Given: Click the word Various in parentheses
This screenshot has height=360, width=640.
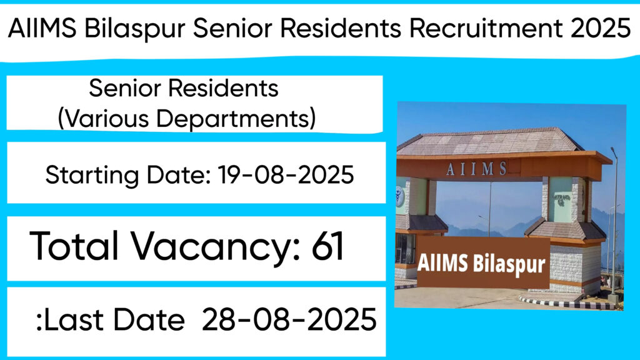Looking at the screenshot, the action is [x=103, y=119].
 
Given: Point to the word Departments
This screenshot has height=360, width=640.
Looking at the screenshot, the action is [x=236, y=119].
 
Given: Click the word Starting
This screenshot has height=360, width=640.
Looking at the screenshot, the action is [x=92, y=176].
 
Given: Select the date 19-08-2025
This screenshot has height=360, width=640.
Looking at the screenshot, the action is [x=286, y=175].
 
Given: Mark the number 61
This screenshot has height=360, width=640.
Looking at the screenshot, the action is [x=327, y=246].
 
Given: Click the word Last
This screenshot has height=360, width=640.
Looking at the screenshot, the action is [x=73, y=319].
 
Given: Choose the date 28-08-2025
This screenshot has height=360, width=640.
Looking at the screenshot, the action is [x=289, y=319].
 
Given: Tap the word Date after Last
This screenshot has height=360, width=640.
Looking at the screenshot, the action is [x=149, y=319].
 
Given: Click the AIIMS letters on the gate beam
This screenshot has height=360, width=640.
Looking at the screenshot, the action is [x=477, y=168].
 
